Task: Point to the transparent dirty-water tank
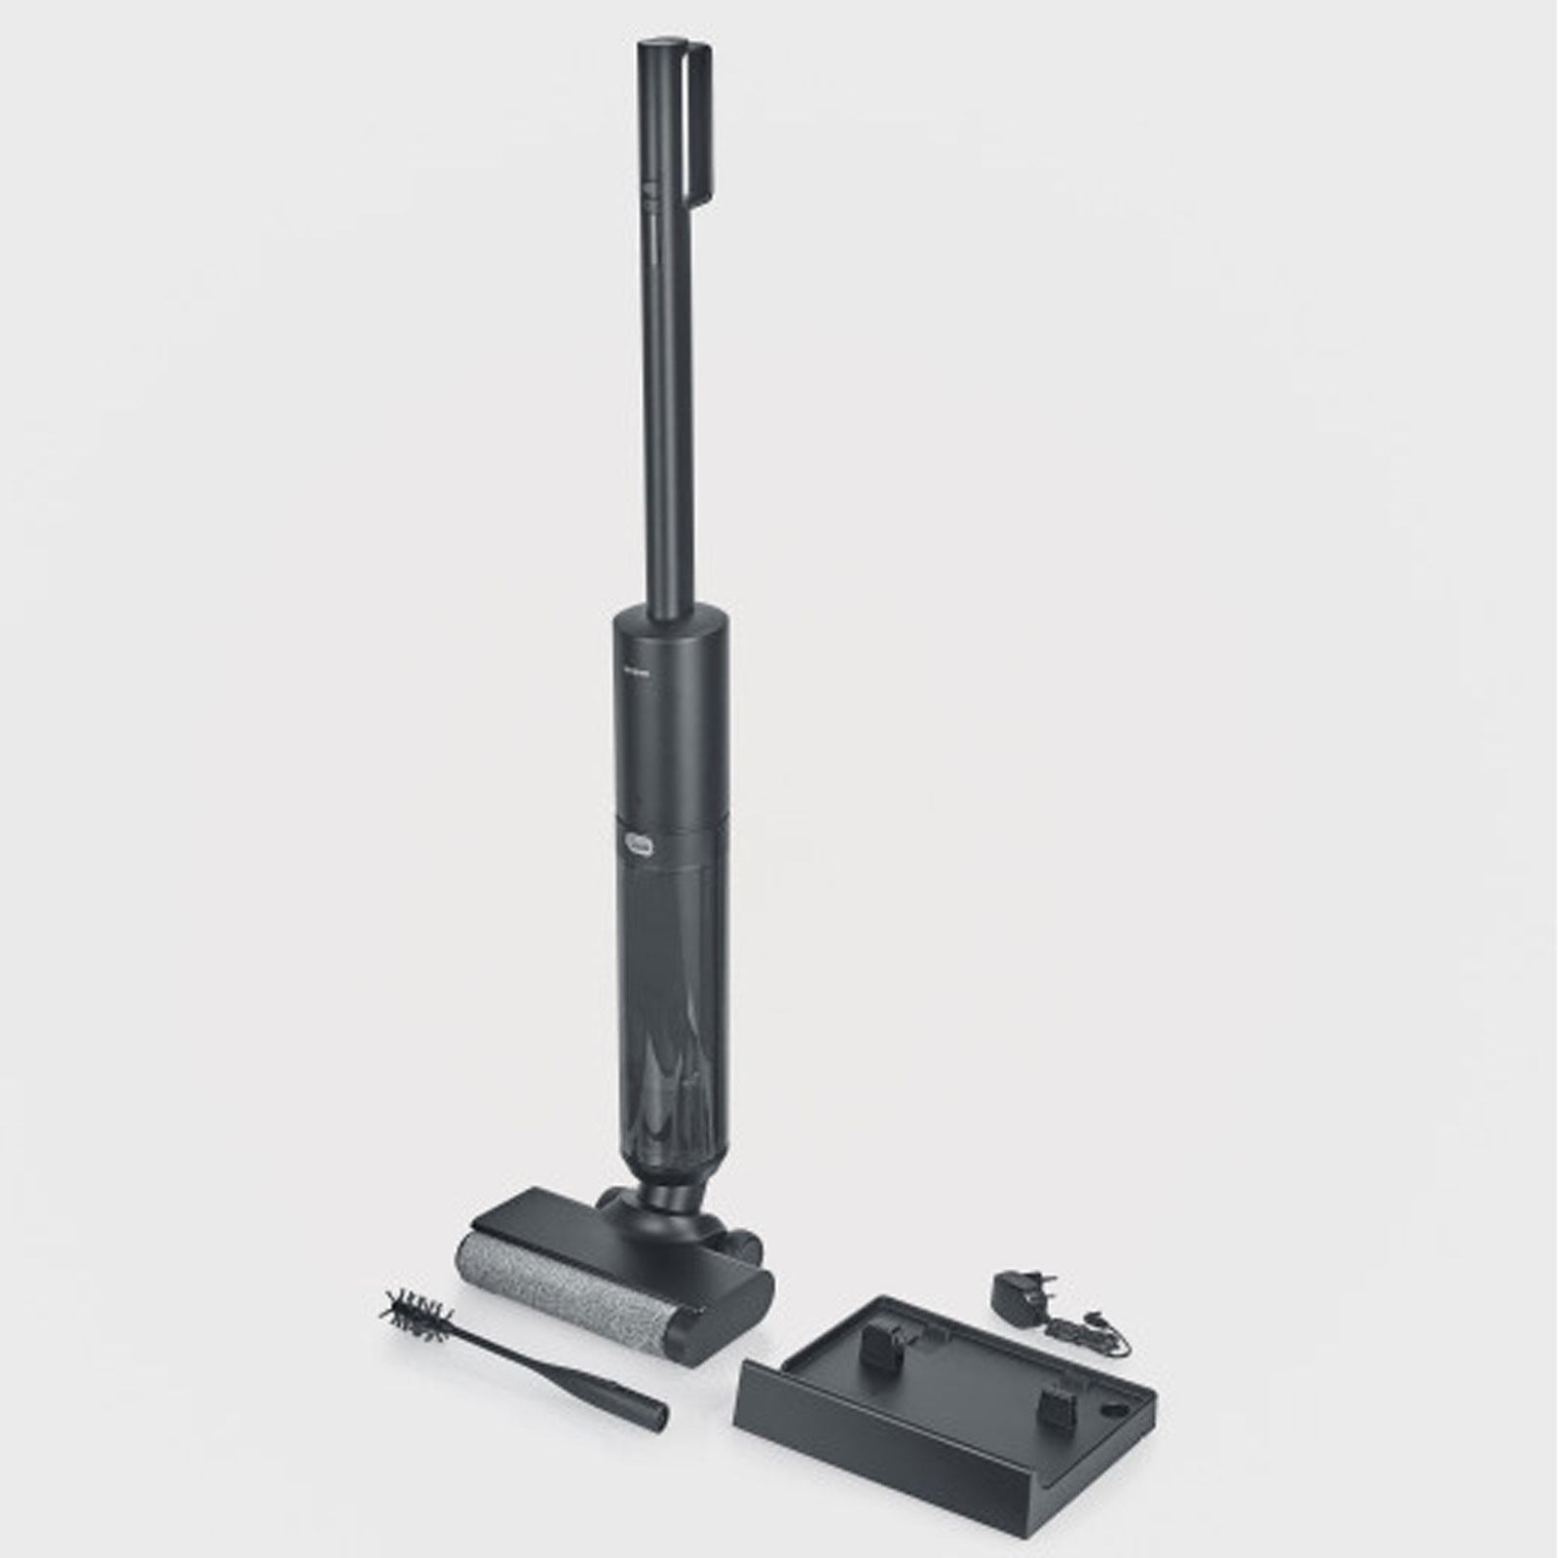(667, 974)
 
